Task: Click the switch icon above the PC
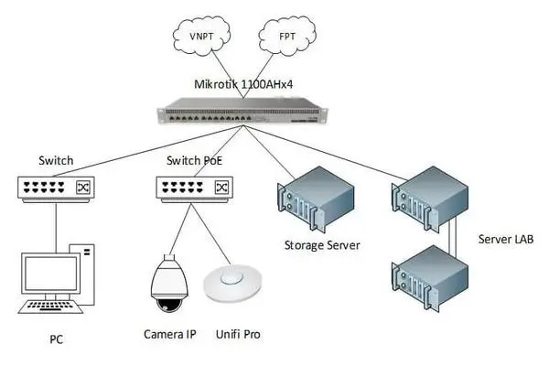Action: [55, 188]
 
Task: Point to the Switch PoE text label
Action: [194, 160]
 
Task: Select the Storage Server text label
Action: [321, 245]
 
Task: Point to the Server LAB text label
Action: [507, 239]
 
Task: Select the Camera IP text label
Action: [169, 335]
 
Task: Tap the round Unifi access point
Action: [229, 283]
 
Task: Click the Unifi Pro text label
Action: [236, 335]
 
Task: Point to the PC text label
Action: [57, 340]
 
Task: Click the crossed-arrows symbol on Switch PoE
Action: [221, 188]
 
